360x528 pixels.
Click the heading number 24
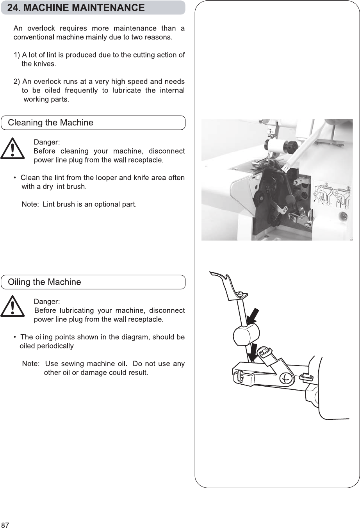tap(14, 8)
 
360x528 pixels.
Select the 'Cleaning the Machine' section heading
tap(51, 123)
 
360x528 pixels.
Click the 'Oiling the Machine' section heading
tap(45, 282)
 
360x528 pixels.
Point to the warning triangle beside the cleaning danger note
tap(12, 148)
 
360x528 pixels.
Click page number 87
tap(5, 524)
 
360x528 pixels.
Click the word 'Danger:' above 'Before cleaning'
tap(47, 142)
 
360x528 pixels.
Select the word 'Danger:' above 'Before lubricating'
tap(47, 301)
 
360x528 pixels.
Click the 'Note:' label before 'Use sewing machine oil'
tap(31, 364)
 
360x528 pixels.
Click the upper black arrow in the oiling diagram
tap(253, 315)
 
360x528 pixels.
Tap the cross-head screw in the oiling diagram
tap(286, 378)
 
